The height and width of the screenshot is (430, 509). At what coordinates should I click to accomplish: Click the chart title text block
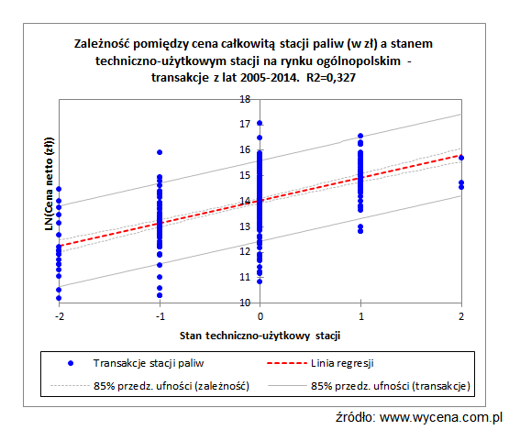point(253,60)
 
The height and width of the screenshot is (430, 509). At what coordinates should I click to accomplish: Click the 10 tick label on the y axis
point(245,302)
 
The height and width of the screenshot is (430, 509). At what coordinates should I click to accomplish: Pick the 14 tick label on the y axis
point(245,201)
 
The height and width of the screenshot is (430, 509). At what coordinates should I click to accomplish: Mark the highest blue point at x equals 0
point(260,123)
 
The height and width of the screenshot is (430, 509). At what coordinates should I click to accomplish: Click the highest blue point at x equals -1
point(160,152)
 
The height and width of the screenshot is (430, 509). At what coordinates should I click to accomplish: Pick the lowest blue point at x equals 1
point(360,231)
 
